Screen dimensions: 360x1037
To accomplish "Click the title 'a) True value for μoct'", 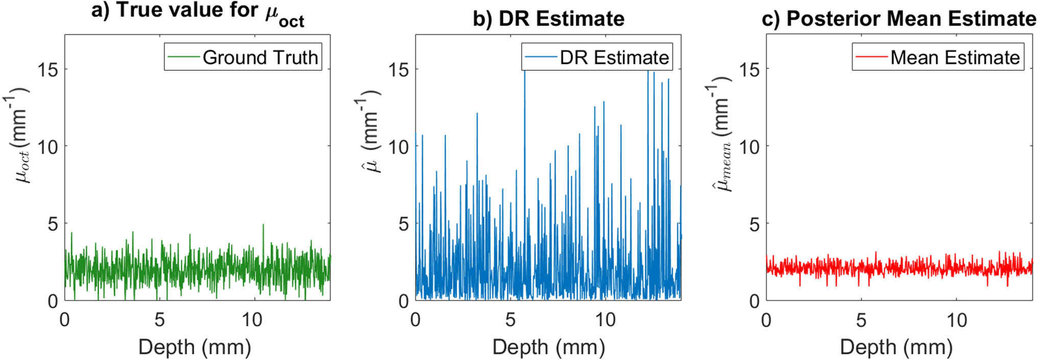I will pyautogui.click(x=198, y=12).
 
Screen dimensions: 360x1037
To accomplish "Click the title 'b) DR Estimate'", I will pyautogui.click(x=548, y=19).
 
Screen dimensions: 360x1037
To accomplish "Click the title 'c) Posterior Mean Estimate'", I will pyautogui.click(x=899, y=19).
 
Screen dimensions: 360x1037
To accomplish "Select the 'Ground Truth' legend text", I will pyautogui.click(x=260, y=57).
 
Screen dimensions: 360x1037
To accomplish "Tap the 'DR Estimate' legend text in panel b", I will pyautogui.click(x=614, y=57).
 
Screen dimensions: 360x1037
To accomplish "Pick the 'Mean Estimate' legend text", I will pyautogui.click(x=955, y=57).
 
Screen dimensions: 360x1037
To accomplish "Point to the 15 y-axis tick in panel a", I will pyautogui.click(x=48, y=69).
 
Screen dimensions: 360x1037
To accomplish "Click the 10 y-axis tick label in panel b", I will pyautogui.click(x=399, y=147).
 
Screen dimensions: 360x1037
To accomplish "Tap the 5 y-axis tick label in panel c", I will pyautogui.click(x=755, y=224).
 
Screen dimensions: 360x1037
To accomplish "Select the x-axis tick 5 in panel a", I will pyautogui.click(x=159, y=320).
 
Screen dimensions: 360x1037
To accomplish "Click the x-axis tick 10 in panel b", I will pyautogui.click(x=605, y=320).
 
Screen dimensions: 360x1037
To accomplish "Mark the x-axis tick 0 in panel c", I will pyautogui.click(x=766, y=320).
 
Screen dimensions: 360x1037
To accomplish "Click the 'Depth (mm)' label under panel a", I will pyautogui.click(x=195, y=347).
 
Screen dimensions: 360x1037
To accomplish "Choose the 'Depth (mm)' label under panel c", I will pyautogui.click(x=896, y=347).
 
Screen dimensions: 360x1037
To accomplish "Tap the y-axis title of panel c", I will pyautogui.click(x=721, y=138).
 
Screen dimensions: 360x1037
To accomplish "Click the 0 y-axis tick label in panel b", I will pyautogui.click(x=404, y=301).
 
